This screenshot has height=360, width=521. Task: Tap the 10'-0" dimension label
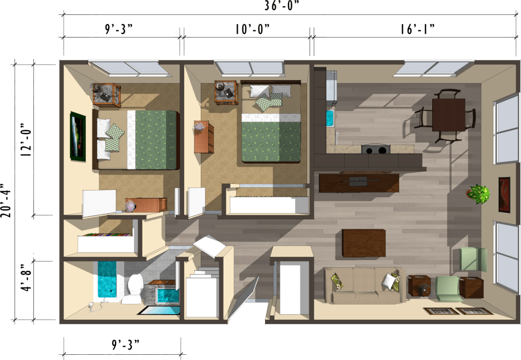252,29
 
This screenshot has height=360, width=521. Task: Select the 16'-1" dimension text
417,29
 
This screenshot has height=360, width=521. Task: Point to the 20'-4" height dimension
6,200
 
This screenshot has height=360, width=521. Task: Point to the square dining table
448,114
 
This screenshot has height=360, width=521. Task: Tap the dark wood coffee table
364,243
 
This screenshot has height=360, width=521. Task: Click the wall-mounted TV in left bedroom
77,136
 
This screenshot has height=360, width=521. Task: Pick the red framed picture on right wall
504,194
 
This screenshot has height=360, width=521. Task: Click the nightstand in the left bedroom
106,94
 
